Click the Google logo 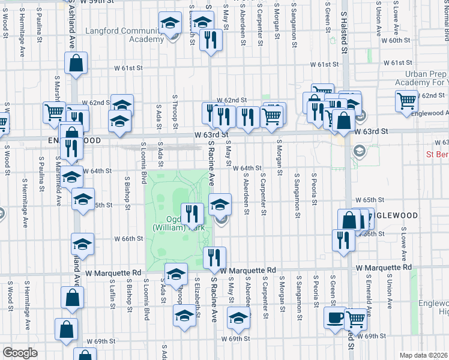tap(20, 353)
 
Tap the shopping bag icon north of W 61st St tap(76, 62)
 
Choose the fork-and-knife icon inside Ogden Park tap(193, 214)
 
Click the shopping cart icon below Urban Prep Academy tap(406, 100)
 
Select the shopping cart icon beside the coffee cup tap(355, 318)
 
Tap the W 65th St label tap(369, 199)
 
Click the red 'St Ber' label tap(438, 154)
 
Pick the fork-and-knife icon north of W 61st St tap(211, 40)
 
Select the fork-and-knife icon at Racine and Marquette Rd tap(214, 257)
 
